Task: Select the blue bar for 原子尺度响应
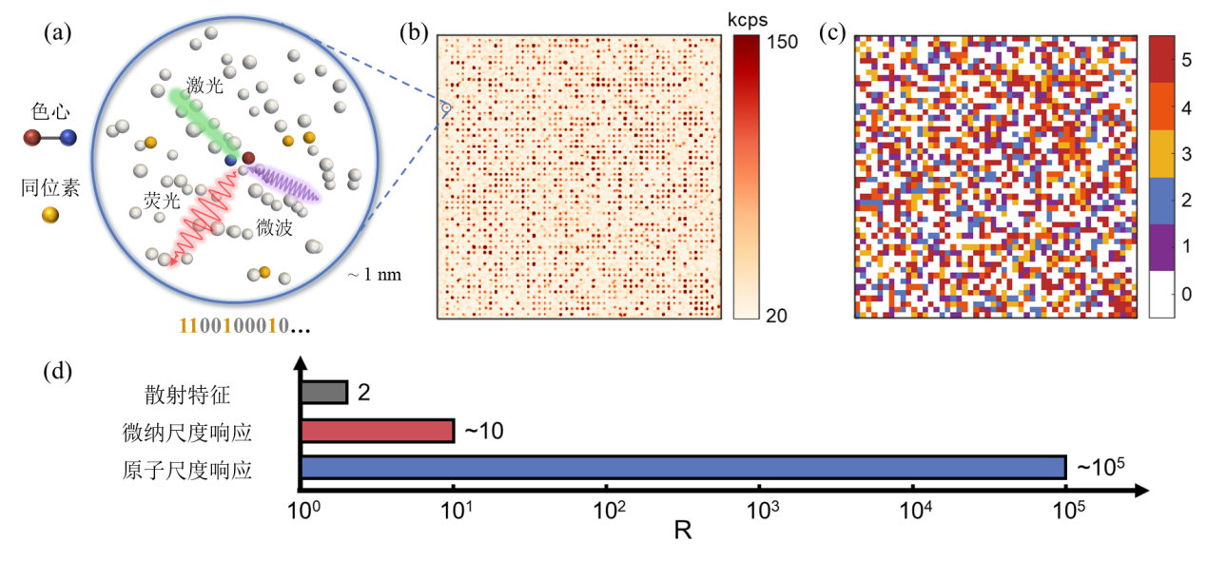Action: pyautogui.click(x=682, y=467)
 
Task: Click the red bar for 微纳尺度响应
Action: pyautogui.click(x=378, y=430)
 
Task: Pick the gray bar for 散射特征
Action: pyautogui.click(x=324, y=392)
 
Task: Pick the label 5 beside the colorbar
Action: pyautogui.click(x=1186, y=59)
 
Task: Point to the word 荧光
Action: pyautogui.click(x=157, y=201)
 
